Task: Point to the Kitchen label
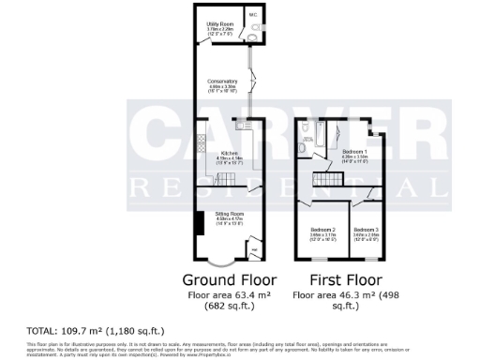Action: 228,154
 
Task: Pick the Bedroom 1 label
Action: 353,151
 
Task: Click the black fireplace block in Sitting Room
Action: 200,225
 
